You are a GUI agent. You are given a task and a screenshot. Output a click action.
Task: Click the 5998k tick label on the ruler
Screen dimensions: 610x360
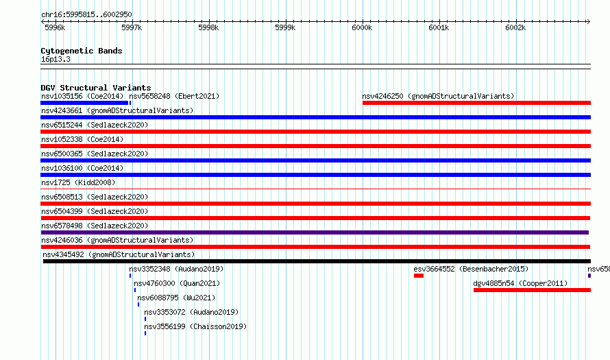208,27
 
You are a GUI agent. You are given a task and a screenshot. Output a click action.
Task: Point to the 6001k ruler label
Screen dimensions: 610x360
439,27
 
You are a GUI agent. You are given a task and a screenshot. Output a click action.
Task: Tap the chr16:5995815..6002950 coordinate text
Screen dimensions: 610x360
86,15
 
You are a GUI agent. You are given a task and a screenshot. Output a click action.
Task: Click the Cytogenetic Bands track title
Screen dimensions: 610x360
82,51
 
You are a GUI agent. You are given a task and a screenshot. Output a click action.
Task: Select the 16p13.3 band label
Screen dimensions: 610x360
56,59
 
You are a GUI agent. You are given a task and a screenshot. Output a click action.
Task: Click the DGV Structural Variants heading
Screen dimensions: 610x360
96,88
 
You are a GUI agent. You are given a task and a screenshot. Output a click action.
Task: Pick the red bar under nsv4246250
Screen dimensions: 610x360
476,103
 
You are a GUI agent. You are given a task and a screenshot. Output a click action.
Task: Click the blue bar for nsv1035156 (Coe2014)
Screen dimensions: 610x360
84,103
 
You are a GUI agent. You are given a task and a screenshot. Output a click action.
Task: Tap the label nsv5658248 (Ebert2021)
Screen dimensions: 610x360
174,96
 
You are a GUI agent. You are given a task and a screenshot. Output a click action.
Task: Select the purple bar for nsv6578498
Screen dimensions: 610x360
315,232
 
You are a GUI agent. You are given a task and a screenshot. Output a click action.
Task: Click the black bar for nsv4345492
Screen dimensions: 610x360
317,261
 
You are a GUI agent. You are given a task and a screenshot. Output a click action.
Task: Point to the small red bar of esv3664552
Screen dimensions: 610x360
419,276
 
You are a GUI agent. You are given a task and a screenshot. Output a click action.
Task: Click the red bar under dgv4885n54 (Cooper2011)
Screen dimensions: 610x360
532,290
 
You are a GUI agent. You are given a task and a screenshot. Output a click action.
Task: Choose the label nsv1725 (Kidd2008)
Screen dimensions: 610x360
78,182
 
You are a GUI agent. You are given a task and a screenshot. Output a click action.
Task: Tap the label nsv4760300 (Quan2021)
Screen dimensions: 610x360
177,283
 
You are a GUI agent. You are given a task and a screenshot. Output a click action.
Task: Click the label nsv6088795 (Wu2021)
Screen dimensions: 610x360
176,298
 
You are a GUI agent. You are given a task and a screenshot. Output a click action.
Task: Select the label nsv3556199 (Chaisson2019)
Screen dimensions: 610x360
195,326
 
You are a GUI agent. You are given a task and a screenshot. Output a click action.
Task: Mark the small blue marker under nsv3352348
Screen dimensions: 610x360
130,276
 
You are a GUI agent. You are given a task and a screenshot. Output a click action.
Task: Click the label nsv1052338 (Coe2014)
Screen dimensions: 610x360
82,139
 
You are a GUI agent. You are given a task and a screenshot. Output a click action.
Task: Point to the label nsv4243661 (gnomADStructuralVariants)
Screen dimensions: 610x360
117,110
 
